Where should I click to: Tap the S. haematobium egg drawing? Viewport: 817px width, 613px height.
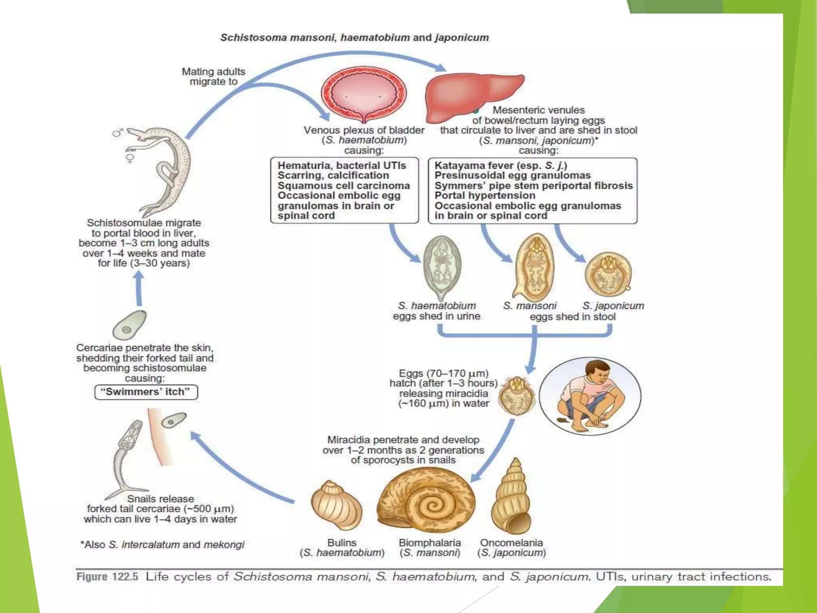[x=442, y=267]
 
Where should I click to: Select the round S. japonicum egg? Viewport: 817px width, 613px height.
[x=608, y=274]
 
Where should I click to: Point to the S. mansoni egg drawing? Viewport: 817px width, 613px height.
[x=535, y=267]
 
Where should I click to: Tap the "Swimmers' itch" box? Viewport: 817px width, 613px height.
[x=146, y=392]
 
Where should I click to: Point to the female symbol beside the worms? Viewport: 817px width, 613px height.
[x=130, y=158]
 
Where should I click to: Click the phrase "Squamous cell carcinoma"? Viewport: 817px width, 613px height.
[x=343, y=186]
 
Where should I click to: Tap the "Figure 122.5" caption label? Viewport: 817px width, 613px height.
[x=107, y=577]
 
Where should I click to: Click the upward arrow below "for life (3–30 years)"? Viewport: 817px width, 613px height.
[x=139, y=288]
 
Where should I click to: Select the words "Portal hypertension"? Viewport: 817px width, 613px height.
[x=485, y=196]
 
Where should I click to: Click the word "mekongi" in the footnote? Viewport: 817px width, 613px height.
[x=224, y=545]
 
